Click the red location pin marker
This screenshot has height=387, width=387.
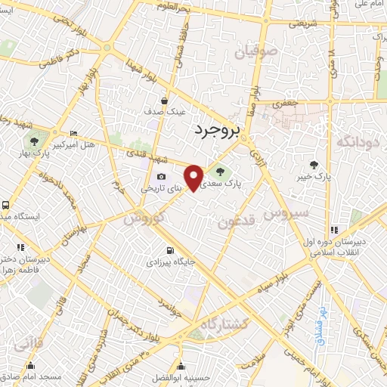coord(195,177)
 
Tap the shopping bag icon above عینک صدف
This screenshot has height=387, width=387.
coord(165,100)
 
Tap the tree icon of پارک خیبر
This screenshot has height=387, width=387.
coord(314,164)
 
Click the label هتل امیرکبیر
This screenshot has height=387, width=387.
coord(77,143)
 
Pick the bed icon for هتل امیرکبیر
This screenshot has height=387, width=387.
coord(73,131)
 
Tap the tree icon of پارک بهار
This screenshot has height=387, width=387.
coord(33,141)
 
